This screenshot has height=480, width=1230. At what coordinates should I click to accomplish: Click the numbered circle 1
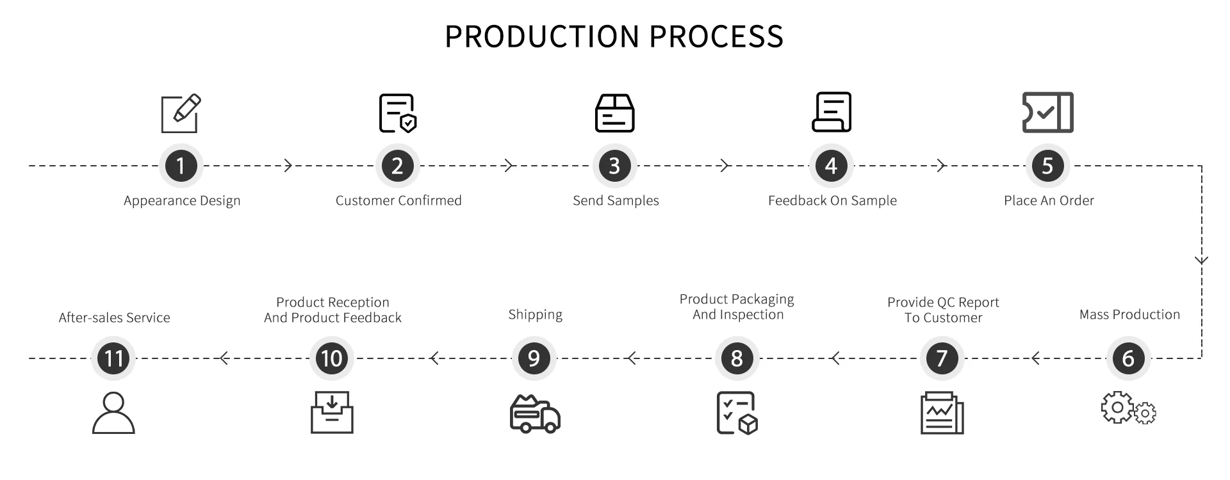181,166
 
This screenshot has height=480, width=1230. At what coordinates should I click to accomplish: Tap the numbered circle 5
1047,166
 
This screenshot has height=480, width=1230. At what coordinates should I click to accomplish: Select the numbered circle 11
113,358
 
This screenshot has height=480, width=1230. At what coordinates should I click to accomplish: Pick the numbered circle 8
737,358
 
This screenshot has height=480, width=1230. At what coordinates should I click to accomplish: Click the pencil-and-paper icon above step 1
181,113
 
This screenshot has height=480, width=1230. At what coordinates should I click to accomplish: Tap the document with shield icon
397,113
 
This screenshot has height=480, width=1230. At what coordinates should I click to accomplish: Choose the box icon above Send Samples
614,113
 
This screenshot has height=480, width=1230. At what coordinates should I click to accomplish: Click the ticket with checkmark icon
1047,113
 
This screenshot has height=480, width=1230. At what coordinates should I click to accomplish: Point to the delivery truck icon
535,413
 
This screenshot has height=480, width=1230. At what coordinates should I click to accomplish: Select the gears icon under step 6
1128,408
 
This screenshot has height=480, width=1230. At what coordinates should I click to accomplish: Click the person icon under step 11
113,413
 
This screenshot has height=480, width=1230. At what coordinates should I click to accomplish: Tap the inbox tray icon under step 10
332,413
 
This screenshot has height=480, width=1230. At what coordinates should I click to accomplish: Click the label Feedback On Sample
832,200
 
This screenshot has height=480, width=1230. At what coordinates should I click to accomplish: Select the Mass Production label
1129,314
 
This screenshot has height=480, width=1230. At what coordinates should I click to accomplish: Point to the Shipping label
535,314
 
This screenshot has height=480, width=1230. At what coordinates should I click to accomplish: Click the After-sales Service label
114,317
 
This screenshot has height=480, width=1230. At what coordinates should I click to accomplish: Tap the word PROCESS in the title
716,36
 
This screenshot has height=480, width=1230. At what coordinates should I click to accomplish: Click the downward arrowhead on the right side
1201,260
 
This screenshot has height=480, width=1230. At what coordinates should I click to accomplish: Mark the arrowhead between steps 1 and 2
288,166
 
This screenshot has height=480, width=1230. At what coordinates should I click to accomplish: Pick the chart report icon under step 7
942,413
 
